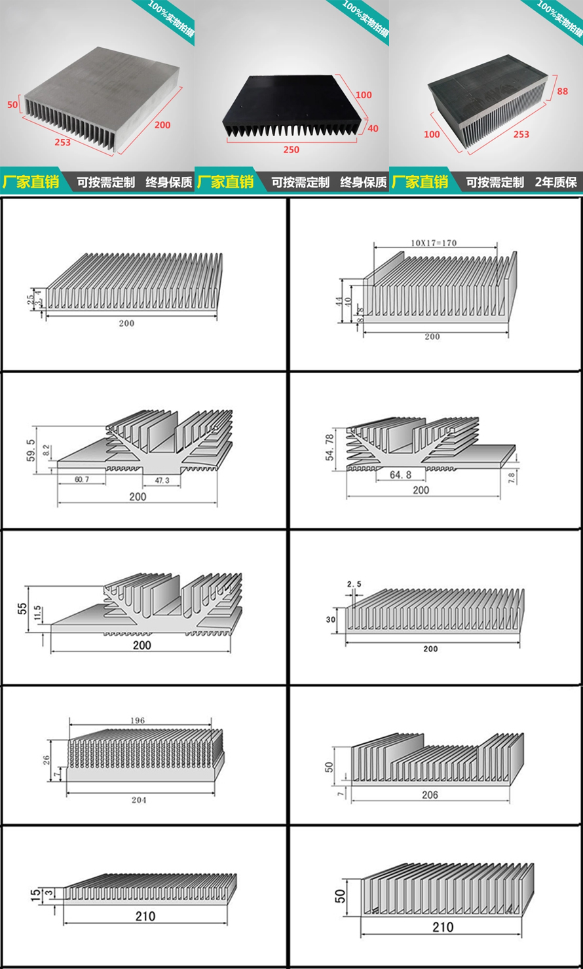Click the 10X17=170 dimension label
[x=434, y=243]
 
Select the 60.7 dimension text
[x=81, y=480]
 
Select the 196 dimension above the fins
[x=138, y=720]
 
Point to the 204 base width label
[x=139, y=800]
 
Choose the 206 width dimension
[x=430, y=795]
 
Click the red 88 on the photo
[x=562, y=92]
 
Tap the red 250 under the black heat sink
[x=291, y=150]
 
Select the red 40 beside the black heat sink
[x=373, y=128]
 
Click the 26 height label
[x=46, y=760]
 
